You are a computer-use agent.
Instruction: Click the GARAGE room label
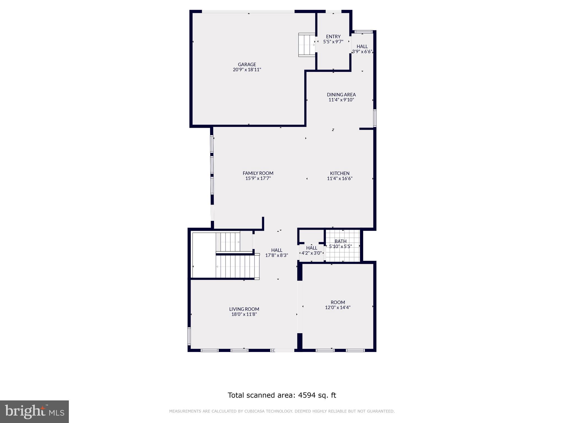coord(247,64)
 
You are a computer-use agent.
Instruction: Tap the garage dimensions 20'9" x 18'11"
coord(247,70)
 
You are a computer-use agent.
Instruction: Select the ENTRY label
coord(333,37)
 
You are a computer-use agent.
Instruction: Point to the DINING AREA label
coord(341,95)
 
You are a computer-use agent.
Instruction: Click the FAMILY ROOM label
coord(258,173)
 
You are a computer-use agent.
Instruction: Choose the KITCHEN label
coord(340,173)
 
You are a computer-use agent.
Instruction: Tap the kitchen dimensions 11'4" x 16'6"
coord(340,178)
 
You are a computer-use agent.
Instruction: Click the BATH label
coord(341,241)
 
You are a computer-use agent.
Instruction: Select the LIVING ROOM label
coord(244,309)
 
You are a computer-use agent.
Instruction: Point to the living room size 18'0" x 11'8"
coord(244,314)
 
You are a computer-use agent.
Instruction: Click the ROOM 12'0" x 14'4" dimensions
coord(338,307)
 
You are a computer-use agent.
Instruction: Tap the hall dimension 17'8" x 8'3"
coord(276,255)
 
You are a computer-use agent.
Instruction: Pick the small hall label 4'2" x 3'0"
coord(311,253)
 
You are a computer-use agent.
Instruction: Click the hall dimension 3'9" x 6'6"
coord(362,51)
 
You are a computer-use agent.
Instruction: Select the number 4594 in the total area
coord(306,395)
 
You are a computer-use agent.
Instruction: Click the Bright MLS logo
coord(34,412)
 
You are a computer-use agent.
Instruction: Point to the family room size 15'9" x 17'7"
coord(258,178)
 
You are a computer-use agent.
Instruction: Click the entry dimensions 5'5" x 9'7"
coord(333,42)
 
